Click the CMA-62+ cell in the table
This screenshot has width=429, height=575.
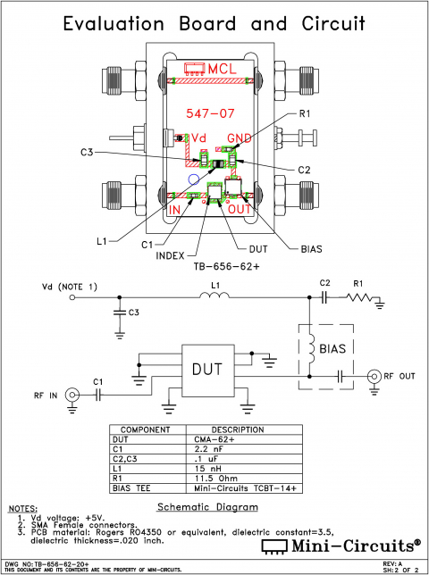click(232, 439)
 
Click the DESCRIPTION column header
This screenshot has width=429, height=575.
click(237, 430)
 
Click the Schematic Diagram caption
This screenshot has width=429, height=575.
click(207, 507)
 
